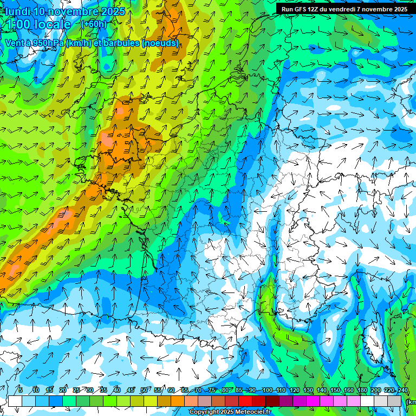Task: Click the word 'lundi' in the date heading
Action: [x=17, y=11]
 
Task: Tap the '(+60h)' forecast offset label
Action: [x=94, y=24]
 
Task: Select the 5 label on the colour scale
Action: [x=20, y=391]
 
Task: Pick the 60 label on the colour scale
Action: [x=171, y=391]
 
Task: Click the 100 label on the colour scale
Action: [x=267, y=391]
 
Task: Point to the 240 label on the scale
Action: [x=402, y=391]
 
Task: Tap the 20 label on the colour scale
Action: [x=63, y=391]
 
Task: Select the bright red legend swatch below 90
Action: [x=245, y=401]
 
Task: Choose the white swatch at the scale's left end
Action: [x=15, y=401]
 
